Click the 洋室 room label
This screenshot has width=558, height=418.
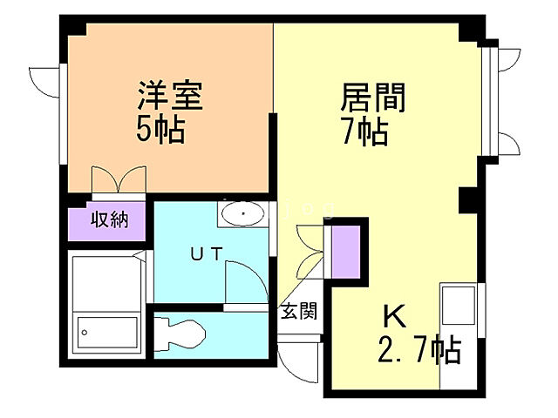(x=169, y=97)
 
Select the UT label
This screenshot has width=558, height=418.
(x=208, y=253)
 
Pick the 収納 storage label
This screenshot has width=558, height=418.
(x=110, y=219)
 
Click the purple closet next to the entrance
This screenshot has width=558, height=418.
(x=346, y=249)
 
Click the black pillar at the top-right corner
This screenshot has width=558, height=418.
(x=471, y=30)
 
